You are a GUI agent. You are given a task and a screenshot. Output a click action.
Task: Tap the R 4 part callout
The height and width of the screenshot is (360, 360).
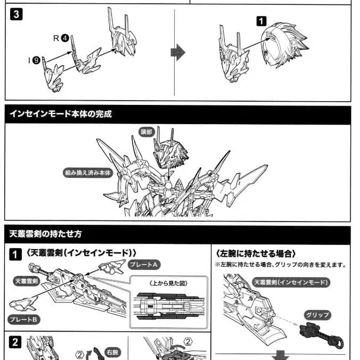(x=62, y=38)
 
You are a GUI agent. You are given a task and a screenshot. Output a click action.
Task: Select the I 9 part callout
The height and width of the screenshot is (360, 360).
(x=34, y=60)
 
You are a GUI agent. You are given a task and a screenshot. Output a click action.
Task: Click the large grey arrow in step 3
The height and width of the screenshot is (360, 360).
(x=177, y=52)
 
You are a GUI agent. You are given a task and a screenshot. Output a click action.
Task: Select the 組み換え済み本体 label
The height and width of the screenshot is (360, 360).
(x=88, y=173)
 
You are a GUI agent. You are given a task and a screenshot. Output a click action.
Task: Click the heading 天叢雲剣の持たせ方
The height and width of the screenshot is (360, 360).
(x=45, y=234)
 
